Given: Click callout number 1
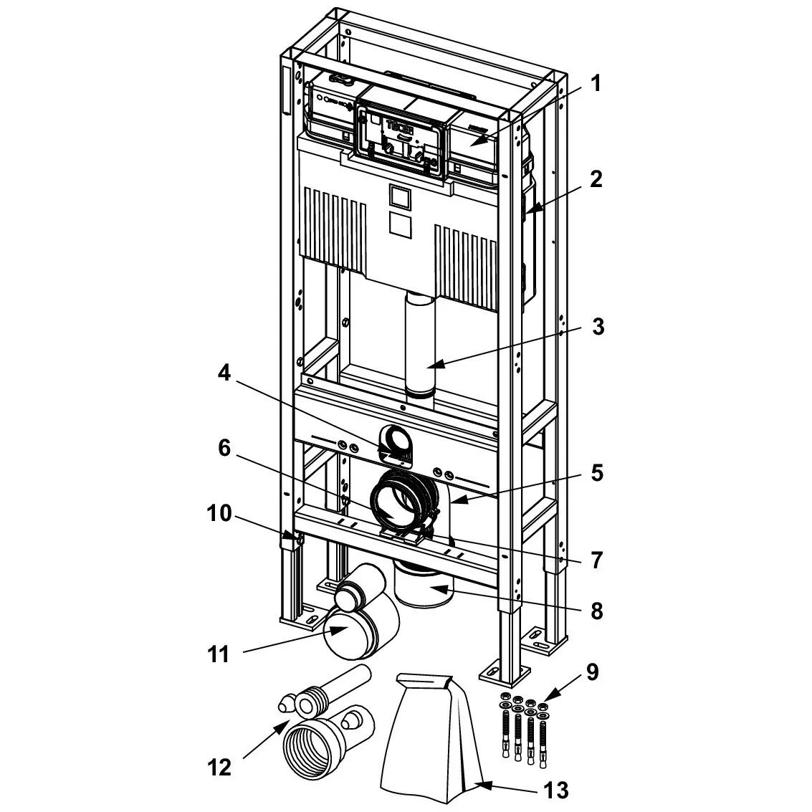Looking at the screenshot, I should coord(595,84).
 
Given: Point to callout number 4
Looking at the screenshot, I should coord(224,373).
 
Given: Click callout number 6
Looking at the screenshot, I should coord(224,448).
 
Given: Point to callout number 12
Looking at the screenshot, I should coord(220,768).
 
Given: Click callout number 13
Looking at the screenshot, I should coord(555,790).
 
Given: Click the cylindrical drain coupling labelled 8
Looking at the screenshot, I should coord(424,584).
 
